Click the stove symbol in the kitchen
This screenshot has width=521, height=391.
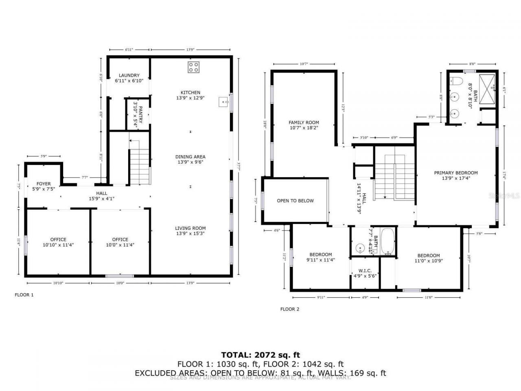(x=193, y=67)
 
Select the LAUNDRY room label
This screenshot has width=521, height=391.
(x=129, y=78)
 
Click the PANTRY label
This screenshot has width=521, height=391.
(x=138, y=115)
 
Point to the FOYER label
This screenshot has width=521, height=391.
(x=44, y=187)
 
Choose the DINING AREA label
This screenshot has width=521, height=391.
(x=190, y=159)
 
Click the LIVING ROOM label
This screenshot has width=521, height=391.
(x=190, y=231)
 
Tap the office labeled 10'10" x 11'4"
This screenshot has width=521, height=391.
(x=58, y=242)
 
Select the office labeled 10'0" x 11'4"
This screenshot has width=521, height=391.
(x=120, y=242)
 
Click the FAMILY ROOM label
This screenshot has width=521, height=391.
(x=304, y=125)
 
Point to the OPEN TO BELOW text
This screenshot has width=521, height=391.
(x=295, y=201)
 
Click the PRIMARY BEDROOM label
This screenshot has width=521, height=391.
(x=455, y=175)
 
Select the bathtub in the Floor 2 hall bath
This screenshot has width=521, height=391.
(x=388, y=242)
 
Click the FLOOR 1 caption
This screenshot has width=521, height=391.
(x=24, y=295)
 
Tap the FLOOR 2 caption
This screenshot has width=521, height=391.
(x=289, y=309)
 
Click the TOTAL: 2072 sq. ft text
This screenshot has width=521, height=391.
(x=260, y=355)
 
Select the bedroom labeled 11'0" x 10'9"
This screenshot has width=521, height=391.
(x=428, y=258)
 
